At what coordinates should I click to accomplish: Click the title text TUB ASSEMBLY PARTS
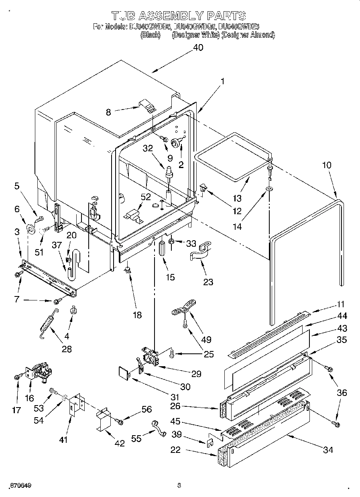(179, 16)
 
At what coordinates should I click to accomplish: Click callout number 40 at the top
(198, 47)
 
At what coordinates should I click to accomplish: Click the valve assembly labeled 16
(38, 371)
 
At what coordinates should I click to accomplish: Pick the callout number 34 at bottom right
(328, 450)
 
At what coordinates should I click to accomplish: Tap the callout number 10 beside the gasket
(327, 164)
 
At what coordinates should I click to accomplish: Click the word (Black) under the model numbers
(151, 35)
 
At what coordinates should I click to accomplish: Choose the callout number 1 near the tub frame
(222, 81)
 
